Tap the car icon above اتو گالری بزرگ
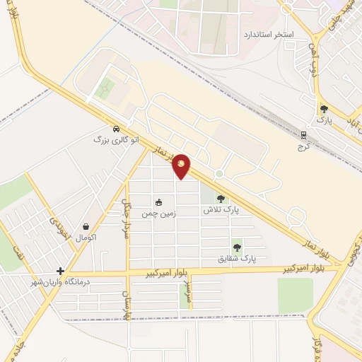tap(105, 129)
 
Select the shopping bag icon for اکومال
tap(86, 227)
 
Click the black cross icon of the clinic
tap(61, 271)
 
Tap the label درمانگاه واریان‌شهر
tap(51, 282)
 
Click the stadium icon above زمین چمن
tap(158, 202)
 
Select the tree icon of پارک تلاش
tap(221, 199)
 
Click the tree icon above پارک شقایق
tap(236, 247)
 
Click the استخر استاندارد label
tap(268, 34)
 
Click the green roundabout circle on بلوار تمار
tap(220, 174)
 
